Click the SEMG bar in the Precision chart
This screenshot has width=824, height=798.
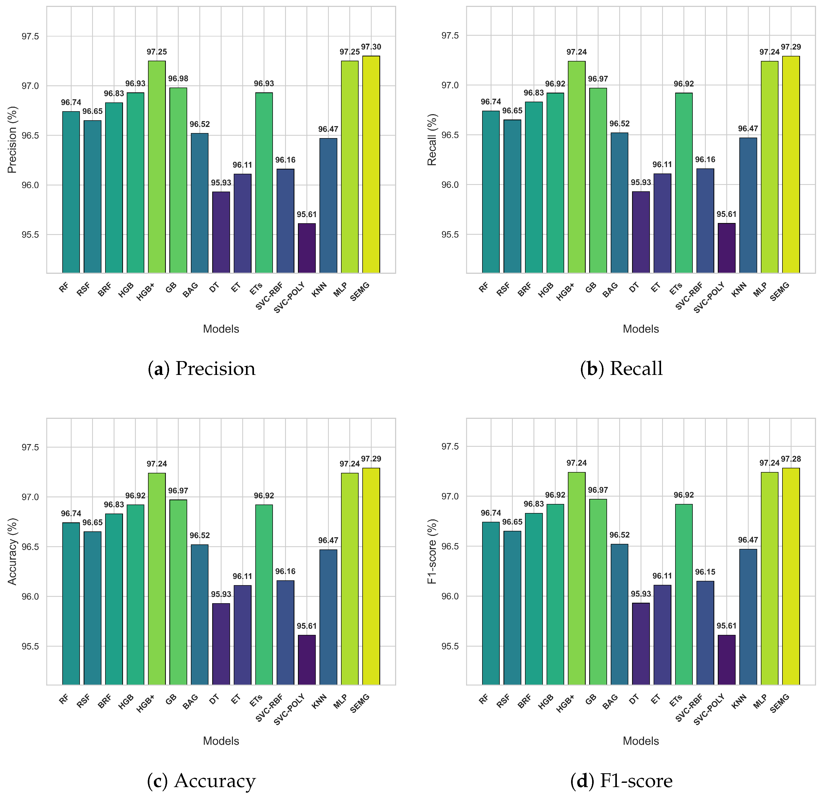(x=371, y=164)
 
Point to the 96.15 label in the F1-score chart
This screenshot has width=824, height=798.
(x=705, y=572)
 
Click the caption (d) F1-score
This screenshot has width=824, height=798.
(x=621, y=781)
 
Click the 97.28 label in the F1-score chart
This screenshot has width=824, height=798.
(x=791, y=459)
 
